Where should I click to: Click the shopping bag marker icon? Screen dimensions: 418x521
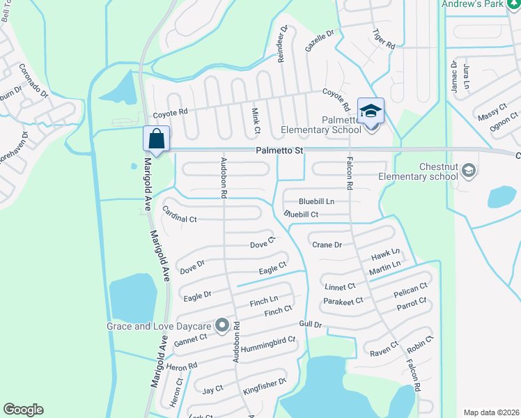coord(156,138)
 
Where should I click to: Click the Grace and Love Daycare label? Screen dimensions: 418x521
coord(160,326)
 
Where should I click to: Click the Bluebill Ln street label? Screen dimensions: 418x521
coord(316,201)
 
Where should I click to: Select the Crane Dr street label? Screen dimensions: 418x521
coord(327,245)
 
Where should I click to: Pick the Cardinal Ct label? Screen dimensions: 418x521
coord(180,214)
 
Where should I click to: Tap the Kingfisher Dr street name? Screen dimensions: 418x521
coord(265,387)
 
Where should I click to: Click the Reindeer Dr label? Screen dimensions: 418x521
coord(283,44)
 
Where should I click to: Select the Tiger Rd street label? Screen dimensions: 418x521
coord(384,38)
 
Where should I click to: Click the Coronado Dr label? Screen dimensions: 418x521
coord(33,79)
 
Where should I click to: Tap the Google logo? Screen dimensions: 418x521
coord(23,410)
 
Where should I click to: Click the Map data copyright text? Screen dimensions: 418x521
coord(490,412)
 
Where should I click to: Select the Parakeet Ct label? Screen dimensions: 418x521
coord(343,301)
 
